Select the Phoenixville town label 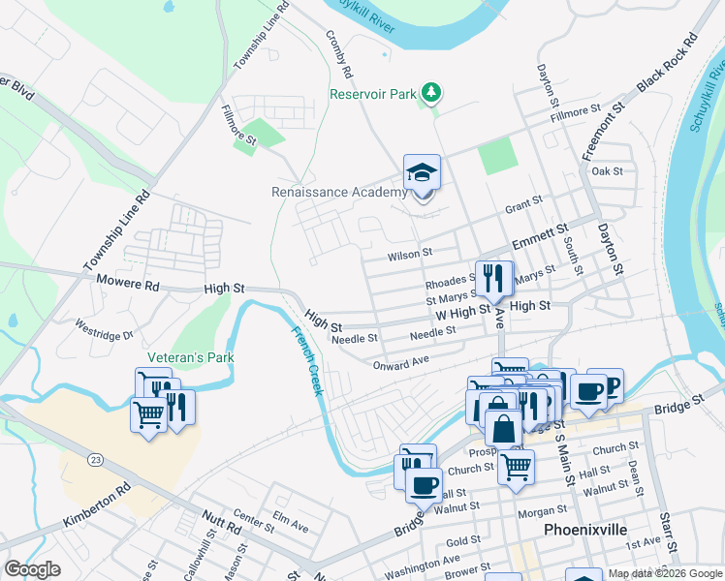click(x=586, y=531)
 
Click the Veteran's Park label click(x=191, y=357)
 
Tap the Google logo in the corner click(x=32, y=569)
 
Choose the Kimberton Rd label click(x=97, y=507)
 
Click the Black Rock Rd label click(x=667, y=64)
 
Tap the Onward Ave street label click(x=400, y=362)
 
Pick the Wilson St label click(x=409, y=254)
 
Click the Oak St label click(x=607, y=171)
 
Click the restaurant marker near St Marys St click(x=494, y=279)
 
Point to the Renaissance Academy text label click(x=339, y=192)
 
